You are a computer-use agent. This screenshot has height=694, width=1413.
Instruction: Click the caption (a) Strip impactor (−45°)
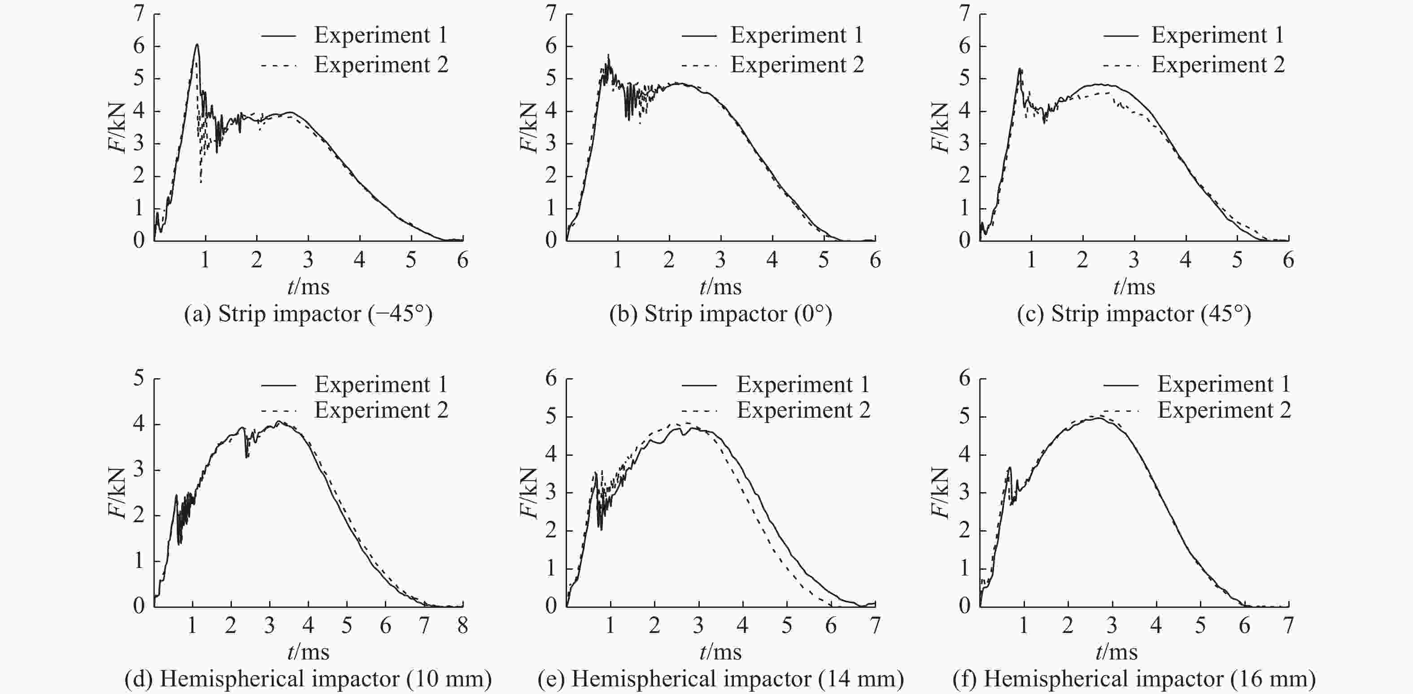tap(308, 314)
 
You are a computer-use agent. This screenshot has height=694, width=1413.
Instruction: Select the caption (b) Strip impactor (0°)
tap(720, 314)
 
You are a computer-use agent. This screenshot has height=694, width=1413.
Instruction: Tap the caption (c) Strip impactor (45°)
tap(1134, 314)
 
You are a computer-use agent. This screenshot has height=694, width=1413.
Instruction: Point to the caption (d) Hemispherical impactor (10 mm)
tap(308, 679)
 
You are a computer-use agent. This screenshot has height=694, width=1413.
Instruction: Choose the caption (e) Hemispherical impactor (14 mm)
tap(720, 679)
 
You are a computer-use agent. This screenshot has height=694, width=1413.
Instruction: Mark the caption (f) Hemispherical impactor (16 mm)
tap(1134, 679)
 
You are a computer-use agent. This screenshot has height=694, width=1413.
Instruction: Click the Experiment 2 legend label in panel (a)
tap(381, 65)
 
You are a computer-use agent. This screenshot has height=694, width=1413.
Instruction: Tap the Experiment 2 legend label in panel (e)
tap(803, 410)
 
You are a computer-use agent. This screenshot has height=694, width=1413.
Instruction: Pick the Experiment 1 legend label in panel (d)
tap(381, 384)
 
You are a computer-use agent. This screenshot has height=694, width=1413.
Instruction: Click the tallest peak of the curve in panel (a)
tap(196, 44)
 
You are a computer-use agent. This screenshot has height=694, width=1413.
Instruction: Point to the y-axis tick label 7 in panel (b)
tap(551, 13)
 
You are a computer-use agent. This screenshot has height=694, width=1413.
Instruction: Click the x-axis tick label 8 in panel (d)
tap(462, 625)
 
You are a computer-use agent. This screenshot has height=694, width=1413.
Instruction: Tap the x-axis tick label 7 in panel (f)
tap(1288, 625)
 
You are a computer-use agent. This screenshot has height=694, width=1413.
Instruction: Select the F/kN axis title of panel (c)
tap(940, 127)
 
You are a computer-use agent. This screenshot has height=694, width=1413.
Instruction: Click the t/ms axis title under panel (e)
tap(720, 652)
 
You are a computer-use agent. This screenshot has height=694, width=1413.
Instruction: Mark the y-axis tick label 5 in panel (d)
tap(139, 378)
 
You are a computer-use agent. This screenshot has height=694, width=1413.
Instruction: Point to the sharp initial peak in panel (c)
tap(1019, 69)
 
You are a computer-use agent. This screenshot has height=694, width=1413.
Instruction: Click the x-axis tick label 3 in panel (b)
tap(720, 260)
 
